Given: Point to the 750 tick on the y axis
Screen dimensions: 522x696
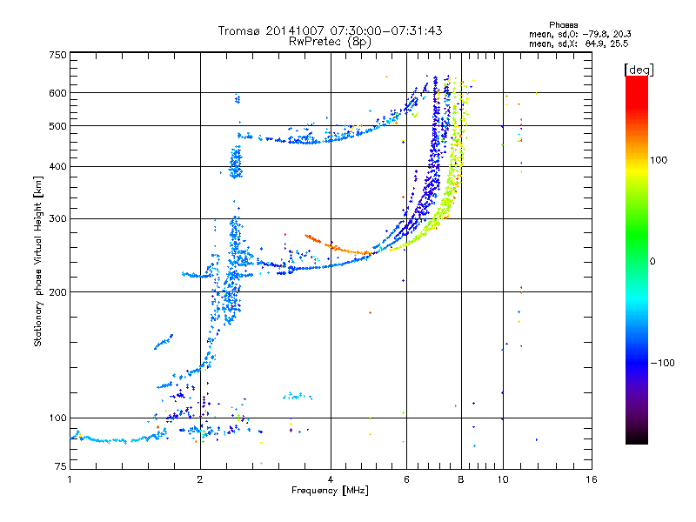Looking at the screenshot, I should point(57,55).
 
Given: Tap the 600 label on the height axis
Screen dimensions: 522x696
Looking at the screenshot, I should point(57,92).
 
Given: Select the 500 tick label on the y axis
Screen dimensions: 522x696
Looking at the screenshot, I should point(57,125).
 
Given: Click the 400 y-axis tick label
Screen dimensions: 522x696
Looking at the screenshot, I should point(57,166).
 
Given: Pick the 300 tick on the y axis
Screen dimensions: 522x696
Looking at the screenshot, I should point(57,218).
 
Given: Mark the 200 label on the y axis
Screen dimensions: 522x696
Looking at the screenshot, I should point(57,291).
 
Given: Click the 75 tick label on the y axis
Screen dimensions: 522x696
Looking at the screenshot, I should point(60,468).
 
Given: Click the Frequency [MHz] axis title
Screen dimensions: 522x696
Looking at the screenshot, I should point(330,491).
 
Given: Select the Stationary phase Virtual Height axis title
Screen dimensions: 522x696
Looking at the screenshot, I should point(38,261).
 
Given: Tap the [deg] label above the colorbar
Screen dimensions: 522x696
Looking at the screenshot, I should point(639,69).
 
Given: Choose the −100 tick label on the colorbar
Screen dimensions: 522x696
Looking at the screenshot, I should point(662,362).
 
